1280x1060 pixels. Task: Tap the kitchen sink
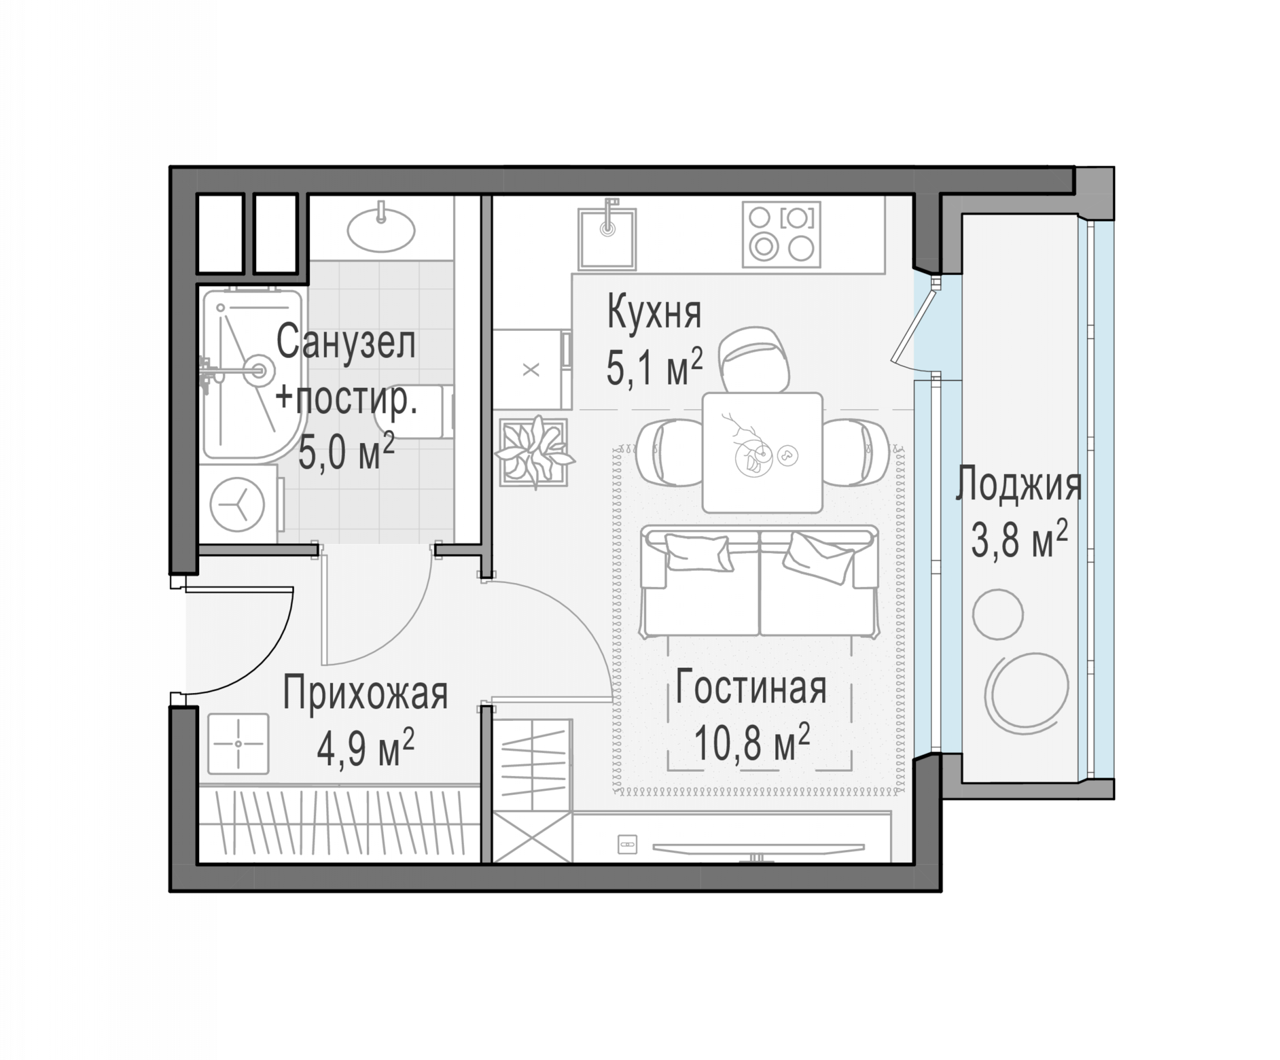tap(607, 238)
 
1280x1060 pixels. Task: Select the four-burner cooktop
tap(782, 235)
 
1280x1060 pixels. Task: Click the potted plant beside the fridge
tap(534, 452)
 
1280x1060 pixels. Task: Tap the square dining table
tap(762, 452)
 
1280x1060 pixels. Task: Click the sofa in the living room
tap(760, 581)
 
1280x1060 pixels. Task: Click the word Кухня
tap(655, 313)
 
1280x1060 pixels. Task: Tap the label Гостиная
tap(751, 687)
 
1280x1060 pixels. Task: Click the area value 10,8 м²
tap(752, 741)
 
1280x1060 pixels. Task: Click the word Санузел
tap(346, 342)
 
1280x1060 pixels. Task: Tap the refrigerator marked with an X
tap(532, 369)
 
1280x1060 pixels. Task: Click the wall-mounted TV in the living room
tap(758, 848)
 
